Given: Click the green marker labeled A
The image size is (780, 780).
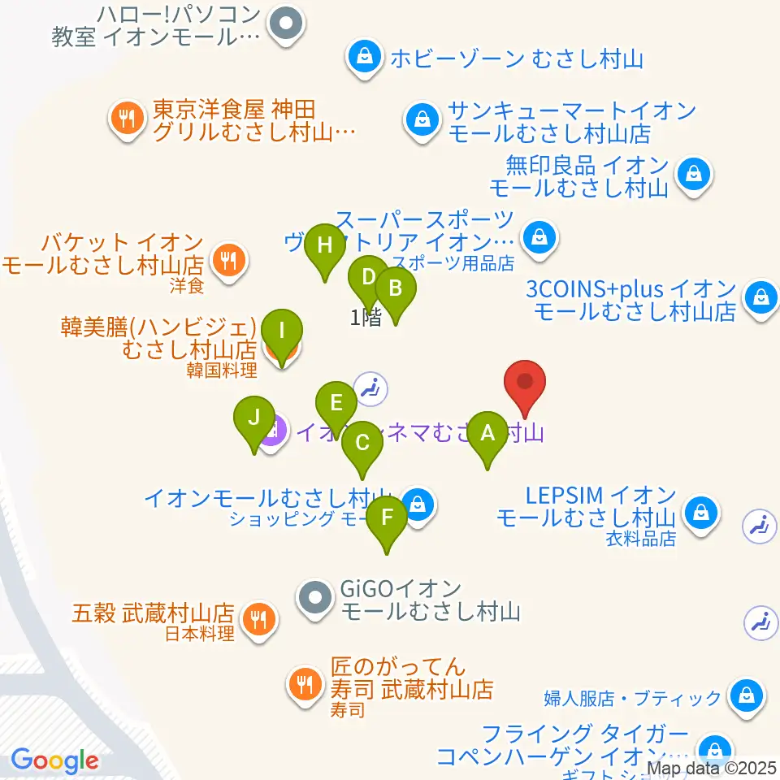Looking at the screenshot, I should coord(487,433).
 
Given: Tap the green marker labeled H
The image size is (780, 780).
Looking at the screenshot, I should coord(325,245).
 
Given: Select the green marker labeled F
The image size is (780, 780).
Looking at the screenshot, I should coord(387,518).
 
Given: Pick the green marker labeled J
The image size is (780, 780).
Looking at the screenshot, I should coord(254,418).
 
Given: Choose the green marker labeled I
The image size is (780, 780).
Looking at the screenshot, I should coord(282,331).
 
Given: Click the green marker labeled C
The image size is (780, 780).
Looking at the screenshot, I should coord(362,444).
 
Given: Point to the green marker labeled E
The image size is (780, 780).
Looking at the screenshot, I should coord(337,403).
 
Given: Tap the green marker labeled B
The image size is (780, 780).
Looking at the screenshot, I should coord(396,288).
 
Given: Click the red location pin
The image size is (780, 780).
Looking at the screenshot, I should coord(525,382).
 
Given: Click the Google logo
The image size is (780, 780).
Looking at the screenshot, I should coord(54,760).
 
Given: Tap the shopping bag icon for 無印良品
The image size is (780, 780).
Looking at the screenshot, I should coord(695,172).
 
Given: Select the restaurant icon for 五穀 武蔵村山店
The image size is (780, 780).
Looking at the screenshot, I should coord(260,620).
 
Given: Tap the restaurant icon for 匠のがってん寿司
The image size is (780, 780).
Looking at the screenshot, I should coord(305,682).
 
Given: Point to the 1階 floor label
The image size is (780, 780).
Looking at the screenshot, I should coord(366,318).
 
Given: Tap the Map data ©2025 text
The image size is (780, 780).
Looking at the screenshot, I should coord(712,767).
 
